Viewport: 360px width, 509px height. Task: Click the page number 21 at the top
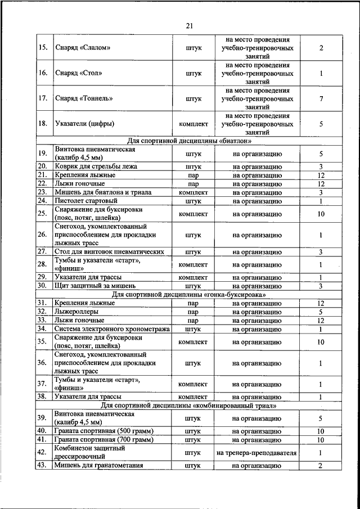coord(188,25)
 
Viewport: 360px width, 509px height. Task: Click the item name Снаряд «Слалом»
coord(82,48)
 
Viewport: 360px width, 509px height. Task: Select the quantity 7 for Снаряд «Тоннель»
coord(321,98)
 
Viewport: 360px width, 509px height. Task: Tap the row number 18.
coord(42,124)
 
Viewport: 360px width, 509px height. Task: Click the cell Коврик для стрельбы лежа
coord(96,166)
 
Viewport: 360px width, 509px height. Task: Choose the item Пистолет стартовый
coord(86,201)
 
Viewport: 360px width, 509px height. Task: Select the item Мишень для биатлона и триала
coord(103,192)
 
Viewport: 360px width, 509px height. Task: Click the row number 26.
coord(42,235)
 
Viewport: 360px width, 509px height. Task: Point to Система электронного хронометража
coord(112,329)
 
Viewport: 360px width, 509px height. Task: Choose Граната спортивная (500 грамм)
coord(104,431)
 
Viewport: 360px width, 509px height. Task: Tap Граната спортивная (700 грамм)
coord(104,439)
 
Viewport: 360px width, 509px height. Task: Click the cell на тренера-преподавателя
coord(256,452)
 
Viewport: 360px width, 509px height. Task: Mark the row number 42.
coord(42,452)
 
